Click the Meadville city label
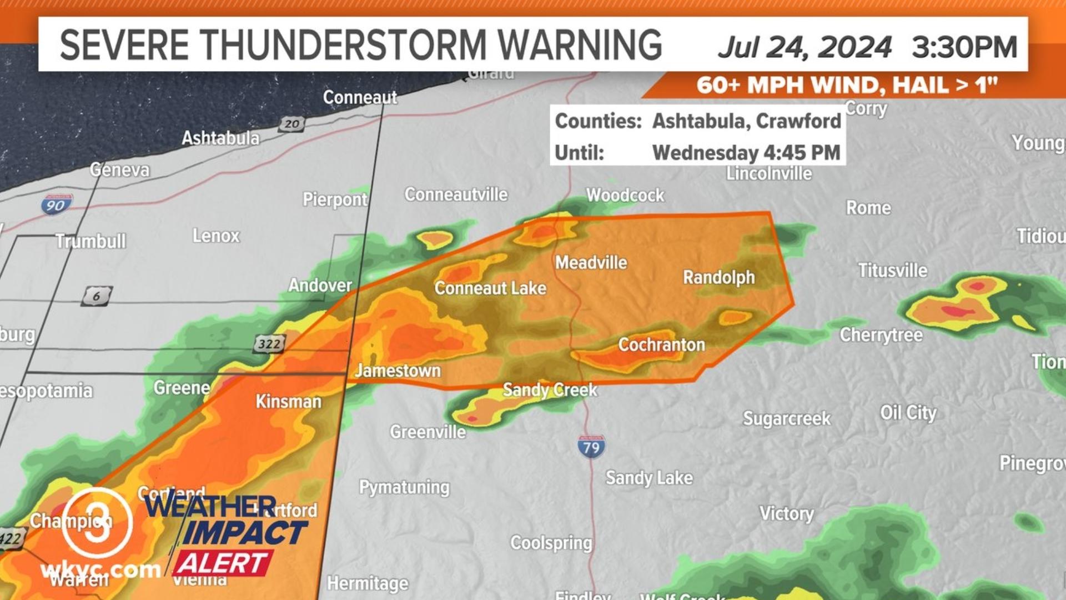[x=591, y=263]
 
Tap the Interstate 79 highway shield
[x=591, y=446]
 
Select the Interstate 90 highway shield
[x=56, y=205]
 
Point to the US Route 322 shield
[x=270, y=344]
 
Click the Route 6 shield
[x=97, y=296]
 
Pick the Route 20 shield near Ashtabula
[x=291, y=124]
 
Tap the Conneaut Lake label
[x=490, y=288]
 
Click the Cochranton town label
[x=661, y=345]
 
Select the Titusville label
[x=892, y=271]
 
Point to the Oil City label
[x=908, y=413]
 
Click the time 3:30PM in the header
[x=964, y=47]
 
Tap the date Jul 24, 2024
[x=804, y=47]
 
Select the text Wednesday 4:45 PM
[x=746, y=153]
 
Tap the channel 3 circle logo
[x=97, y=523]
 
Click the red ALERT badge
[x=223, y=563]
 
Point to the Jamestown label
[x=398, y=371]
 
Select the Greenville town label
[x=428, y=432]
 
